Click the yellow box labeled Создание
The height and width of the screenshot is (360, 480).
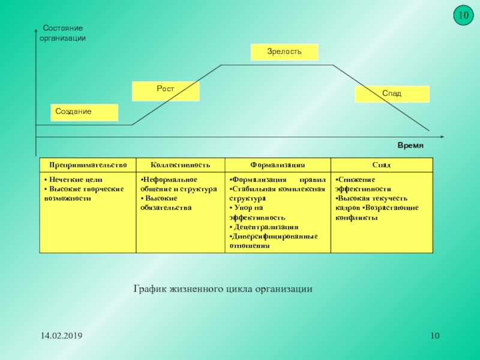point(84,112)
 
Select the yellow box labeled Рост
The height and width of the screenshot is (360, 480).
point(166,91)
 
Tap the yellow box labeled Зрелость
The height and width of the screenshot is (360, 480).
point(284,52)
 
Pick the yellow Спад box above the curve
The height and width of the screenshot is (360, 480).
point(392,94)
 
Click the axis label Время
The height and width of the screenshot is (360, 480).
point(410,146)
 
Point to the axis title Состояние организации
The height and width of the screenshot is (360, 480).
point(62,33)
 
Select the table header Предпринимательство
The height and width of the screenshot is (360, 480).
point(88,164)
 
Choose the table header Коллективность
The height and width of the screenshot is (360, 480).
point(180,164)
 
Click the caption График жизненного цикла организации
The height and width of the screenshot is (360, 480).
point(223,289)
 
